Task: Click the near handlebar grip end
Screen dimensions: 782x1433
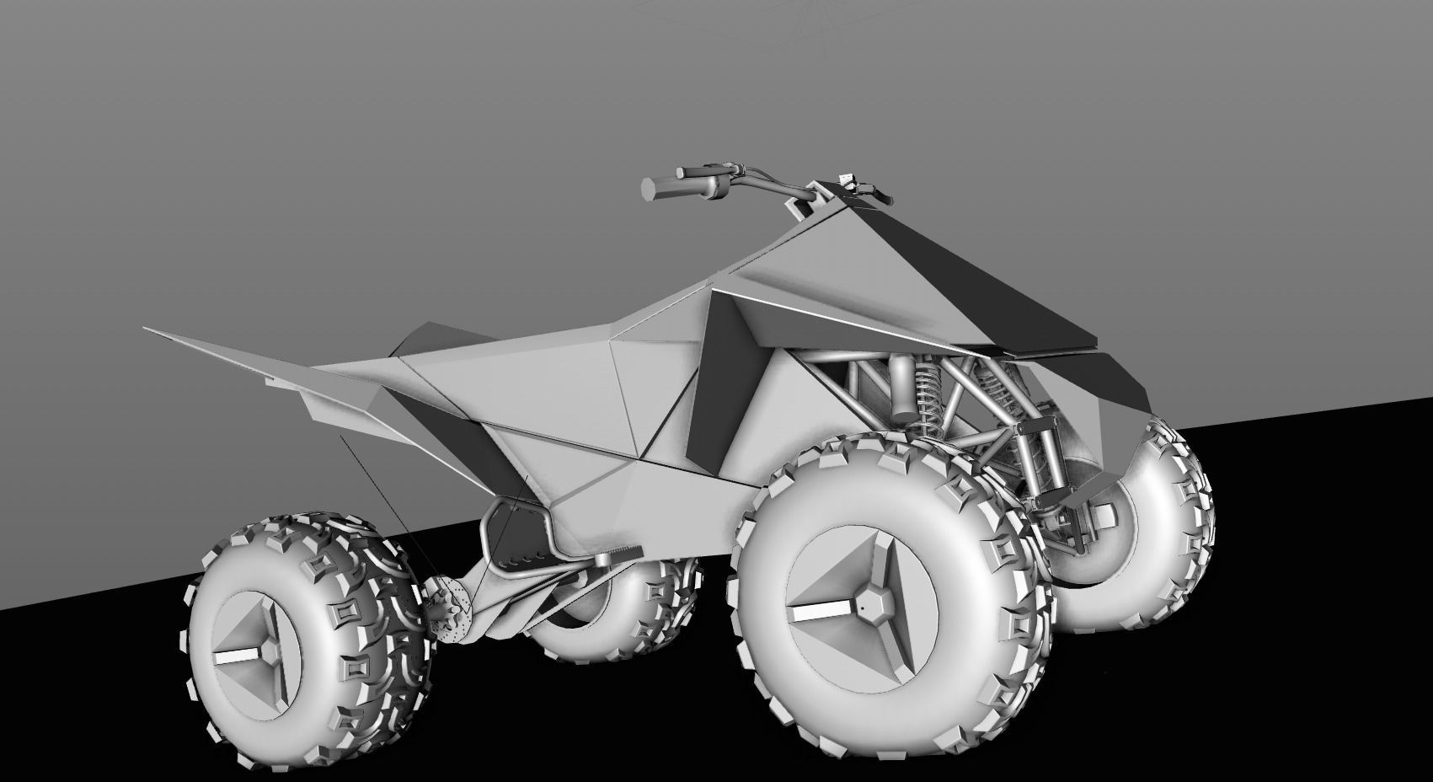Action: point(650,188)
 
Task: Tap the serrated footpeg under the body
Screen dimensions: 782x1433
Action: point(619,554)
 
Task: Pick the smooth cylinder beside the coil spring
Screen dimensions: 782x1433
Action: point(902,388)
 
